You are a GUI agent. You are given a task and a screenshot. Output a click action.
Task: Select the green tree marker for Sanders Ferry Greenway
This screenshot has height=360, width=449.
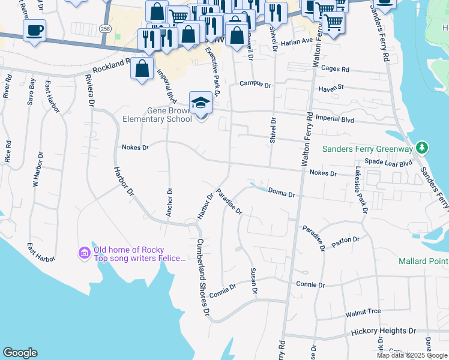pyautogui.click(x=422, y=148)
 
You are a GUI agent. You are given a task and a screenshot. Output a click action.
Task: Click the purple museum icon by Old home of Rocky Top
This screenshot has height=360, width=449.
pyautogui.click(x=85, y=254)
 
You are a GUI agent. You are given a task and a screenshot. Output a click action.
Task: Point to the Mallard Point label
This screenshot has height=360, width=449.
pyautogui.click(x=423, y=261)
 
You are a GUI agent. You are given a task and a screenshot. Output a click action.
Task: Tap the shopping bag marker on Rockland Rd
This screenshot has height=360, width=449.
pyautogui.click(x=142, y=69)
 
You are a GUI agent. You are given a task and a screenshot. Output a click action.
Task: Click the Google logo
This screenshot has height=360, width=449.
pyautogui.click(x=20, y=353)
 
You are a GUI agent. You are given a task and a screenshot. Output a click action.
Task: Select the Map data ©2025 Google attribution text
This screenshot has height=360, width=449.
pyautogui.click(x=412, y=355)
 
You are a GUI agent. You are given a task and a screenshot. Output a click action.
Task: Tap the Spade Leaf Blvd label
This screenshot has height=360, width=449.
pyautogui.click(x=389, y=163)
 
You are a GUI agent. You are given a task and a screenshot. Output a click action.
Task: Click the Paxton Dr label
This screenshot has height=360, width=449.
pyautogui.click(x=345, y=239)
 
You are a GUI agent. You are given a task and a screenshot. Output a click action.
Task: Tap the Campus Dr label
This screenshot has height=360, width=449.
pyautogui.click(x=255, y=85)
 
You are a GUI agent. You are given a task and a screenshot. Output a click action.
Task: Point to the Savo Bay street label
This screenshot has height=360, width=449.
pyautogui.click(x=31, y=92)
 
